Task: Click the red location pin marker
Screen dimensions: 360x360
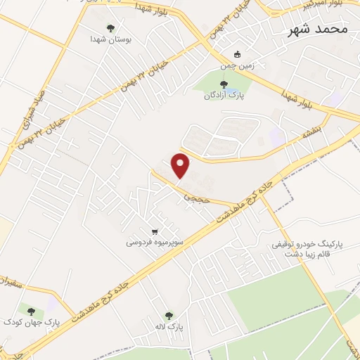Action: (x=181, y=164)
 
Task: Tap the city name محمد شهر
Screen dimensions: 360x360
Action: (x=319, y=30)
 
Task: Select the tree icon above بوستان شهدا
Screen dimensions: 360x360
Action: (x=110, y=28)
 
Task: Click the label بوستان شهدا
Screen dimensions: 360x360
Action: (x=111, y=41)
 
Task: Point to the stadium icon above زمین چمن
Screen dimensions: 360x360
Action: (x=238, y=53)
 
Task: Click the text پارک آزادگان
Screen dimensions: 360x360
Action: (x=232, y=97)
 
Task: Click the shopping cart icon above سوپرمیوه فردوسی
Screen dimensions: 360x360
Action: (x=154, y=231)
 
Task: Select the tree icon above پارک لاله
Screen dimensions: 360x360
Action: (x=168, y=316)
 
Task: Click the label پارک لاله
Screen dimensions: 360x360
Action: (x=168, y=328)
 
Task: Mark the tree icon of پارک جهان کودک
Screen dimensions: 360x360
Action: (x=30, y=309)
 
